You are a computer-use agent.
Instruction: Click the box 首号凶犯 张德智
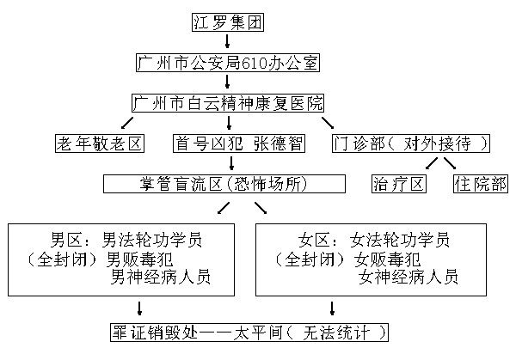tap(238, 143)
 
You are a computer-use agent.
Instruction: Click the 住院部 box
tap(481, 184)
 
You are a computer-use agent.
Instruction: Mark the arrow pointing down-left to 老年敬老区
tap(130, 123)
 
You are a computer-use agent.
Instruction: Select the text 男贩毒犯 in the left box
tap(137, 258)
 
